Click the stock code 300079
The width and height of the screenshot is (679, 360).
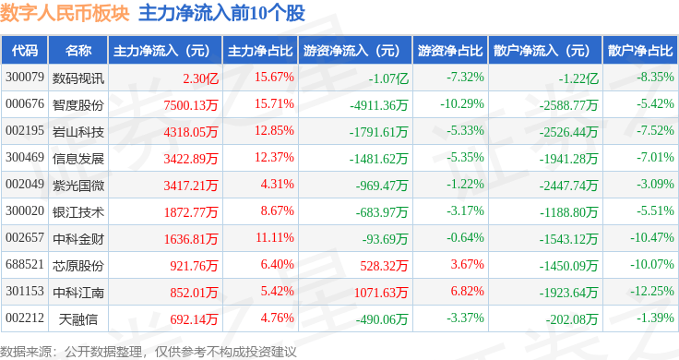(x=25, y=77)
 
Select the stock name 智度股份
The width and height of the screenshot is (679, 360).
(x=78, y=103)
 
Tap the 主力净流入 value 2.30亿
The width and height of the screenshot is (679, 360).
(x=201, y=77)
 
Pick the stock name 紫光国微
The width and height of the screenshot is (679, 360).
(x=78, y=184)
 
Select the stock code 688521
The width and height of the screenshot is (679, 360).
(x=25, y=264)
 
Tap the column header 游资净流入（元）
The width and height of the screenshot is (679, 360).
(x=351, y=50)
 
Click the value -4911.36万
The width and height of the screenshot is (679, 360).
(x=379, y=103)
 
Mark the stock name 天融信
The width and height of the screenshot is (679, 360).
(x=78, y=318)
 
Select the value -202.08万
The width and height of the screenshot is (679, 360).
(x=573, y=318)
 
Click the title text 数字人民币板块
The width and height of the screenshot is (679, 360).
(x=65, y=13)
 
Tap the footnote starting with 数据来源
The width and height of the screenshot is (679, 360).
(x=149, y=351)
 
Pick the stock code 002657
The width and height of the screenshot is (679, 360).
(x=25, y=237)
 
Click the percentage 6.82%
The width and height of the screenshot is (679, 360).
(x=465, y=291)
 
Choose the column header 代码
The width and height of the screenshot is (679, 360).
(x=25, y=50)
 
